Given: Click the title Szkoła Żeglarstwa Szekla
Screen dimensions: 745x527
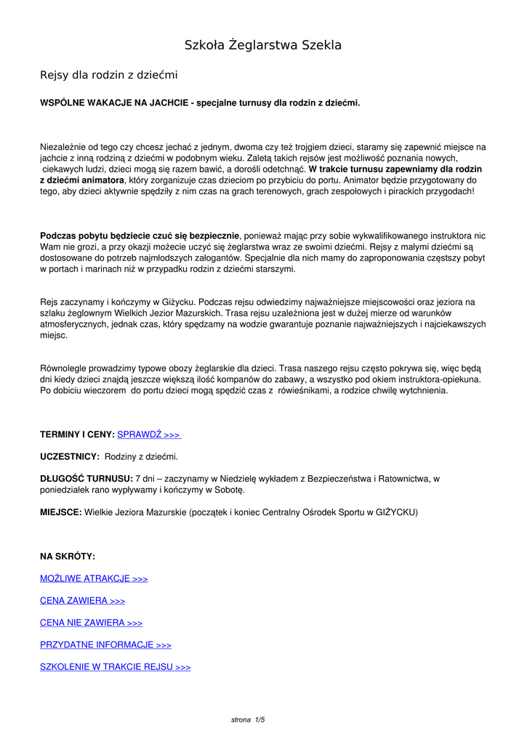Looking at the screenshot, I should (263, 46).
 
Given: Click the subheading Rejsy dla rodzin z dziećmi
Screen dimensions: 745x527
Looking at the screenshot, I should (108, 75).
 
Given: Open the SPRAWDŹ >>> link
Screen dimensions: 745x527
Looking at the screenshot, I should (149, 434).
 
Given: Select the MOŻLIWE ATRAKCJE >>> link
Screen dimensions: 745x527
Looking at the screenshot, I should (94, 578).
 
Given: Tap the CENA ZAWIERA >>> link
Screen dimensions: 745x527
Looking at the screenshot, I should (82, 601).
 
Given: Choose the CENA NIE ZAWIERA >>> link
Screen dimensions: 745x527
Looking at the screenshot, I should (91, 623).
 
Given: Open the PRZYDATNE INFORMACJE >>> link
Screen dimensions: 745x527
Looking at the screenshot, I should (105, 645).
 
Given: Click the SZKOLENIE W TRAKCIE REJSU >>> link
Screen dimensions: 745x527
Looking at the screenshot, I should (115, 666).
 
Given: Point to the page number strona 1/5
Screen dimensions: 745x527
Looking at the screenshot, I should (248, 720).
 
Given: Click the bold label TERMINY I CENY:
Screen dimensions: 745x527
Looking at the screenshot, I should (77, 434).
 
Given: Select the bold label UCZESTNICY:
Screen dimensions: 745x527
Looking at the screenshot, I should (70, 456).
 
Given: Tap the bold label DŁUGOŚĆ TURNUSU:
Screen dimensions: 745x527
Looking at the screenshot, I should (87, 479).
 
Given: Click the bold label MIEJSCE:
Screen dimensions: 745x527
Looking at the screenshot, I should (60, 512).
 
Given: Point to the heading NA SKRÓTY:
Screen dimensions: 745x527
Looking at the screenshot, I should (68, 557).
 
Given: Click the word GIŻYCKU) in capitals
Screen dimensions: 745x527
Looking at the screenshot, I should (396, 512).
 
